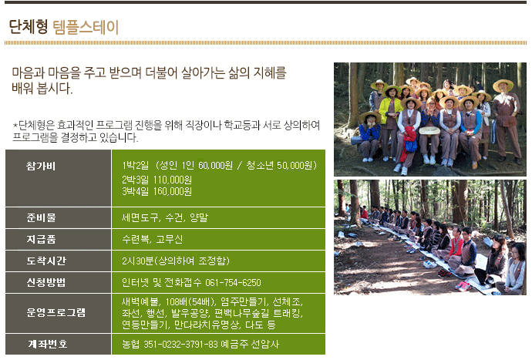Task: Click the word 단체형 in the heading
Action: [x=29, y=27]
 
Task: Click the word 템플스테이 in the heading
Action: [x=86, y=27]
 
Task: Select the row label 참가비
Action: [x=41, y=166]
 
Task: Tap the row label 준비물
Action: [x=41, y=217]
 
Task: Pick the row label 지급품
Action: [x=41, y=239]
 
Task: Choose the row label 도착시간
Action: [x=45, y=261]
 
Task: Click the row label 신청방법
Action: [x=45, y=283]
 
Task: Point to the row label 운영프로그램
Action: [x=56, y=312]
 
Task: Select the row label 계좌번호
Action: [x=47, y=344]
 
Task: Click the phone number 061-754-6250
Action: [x=233, y=283]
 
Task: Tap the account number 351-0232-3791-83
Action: [x=180, y=345]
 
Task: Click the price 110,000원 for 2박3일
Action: [x=173, y=180]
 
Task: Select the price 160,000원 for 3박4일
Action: [x=173, y=191]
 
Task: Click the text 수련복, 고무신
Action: [x=153, y=239]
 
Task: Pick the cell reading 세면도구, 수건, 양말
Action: [x=165, y=217]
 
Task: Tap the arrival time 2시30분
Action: [x=138, y=261]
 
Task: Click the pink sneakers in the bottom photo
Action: [x=463, y=286]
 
